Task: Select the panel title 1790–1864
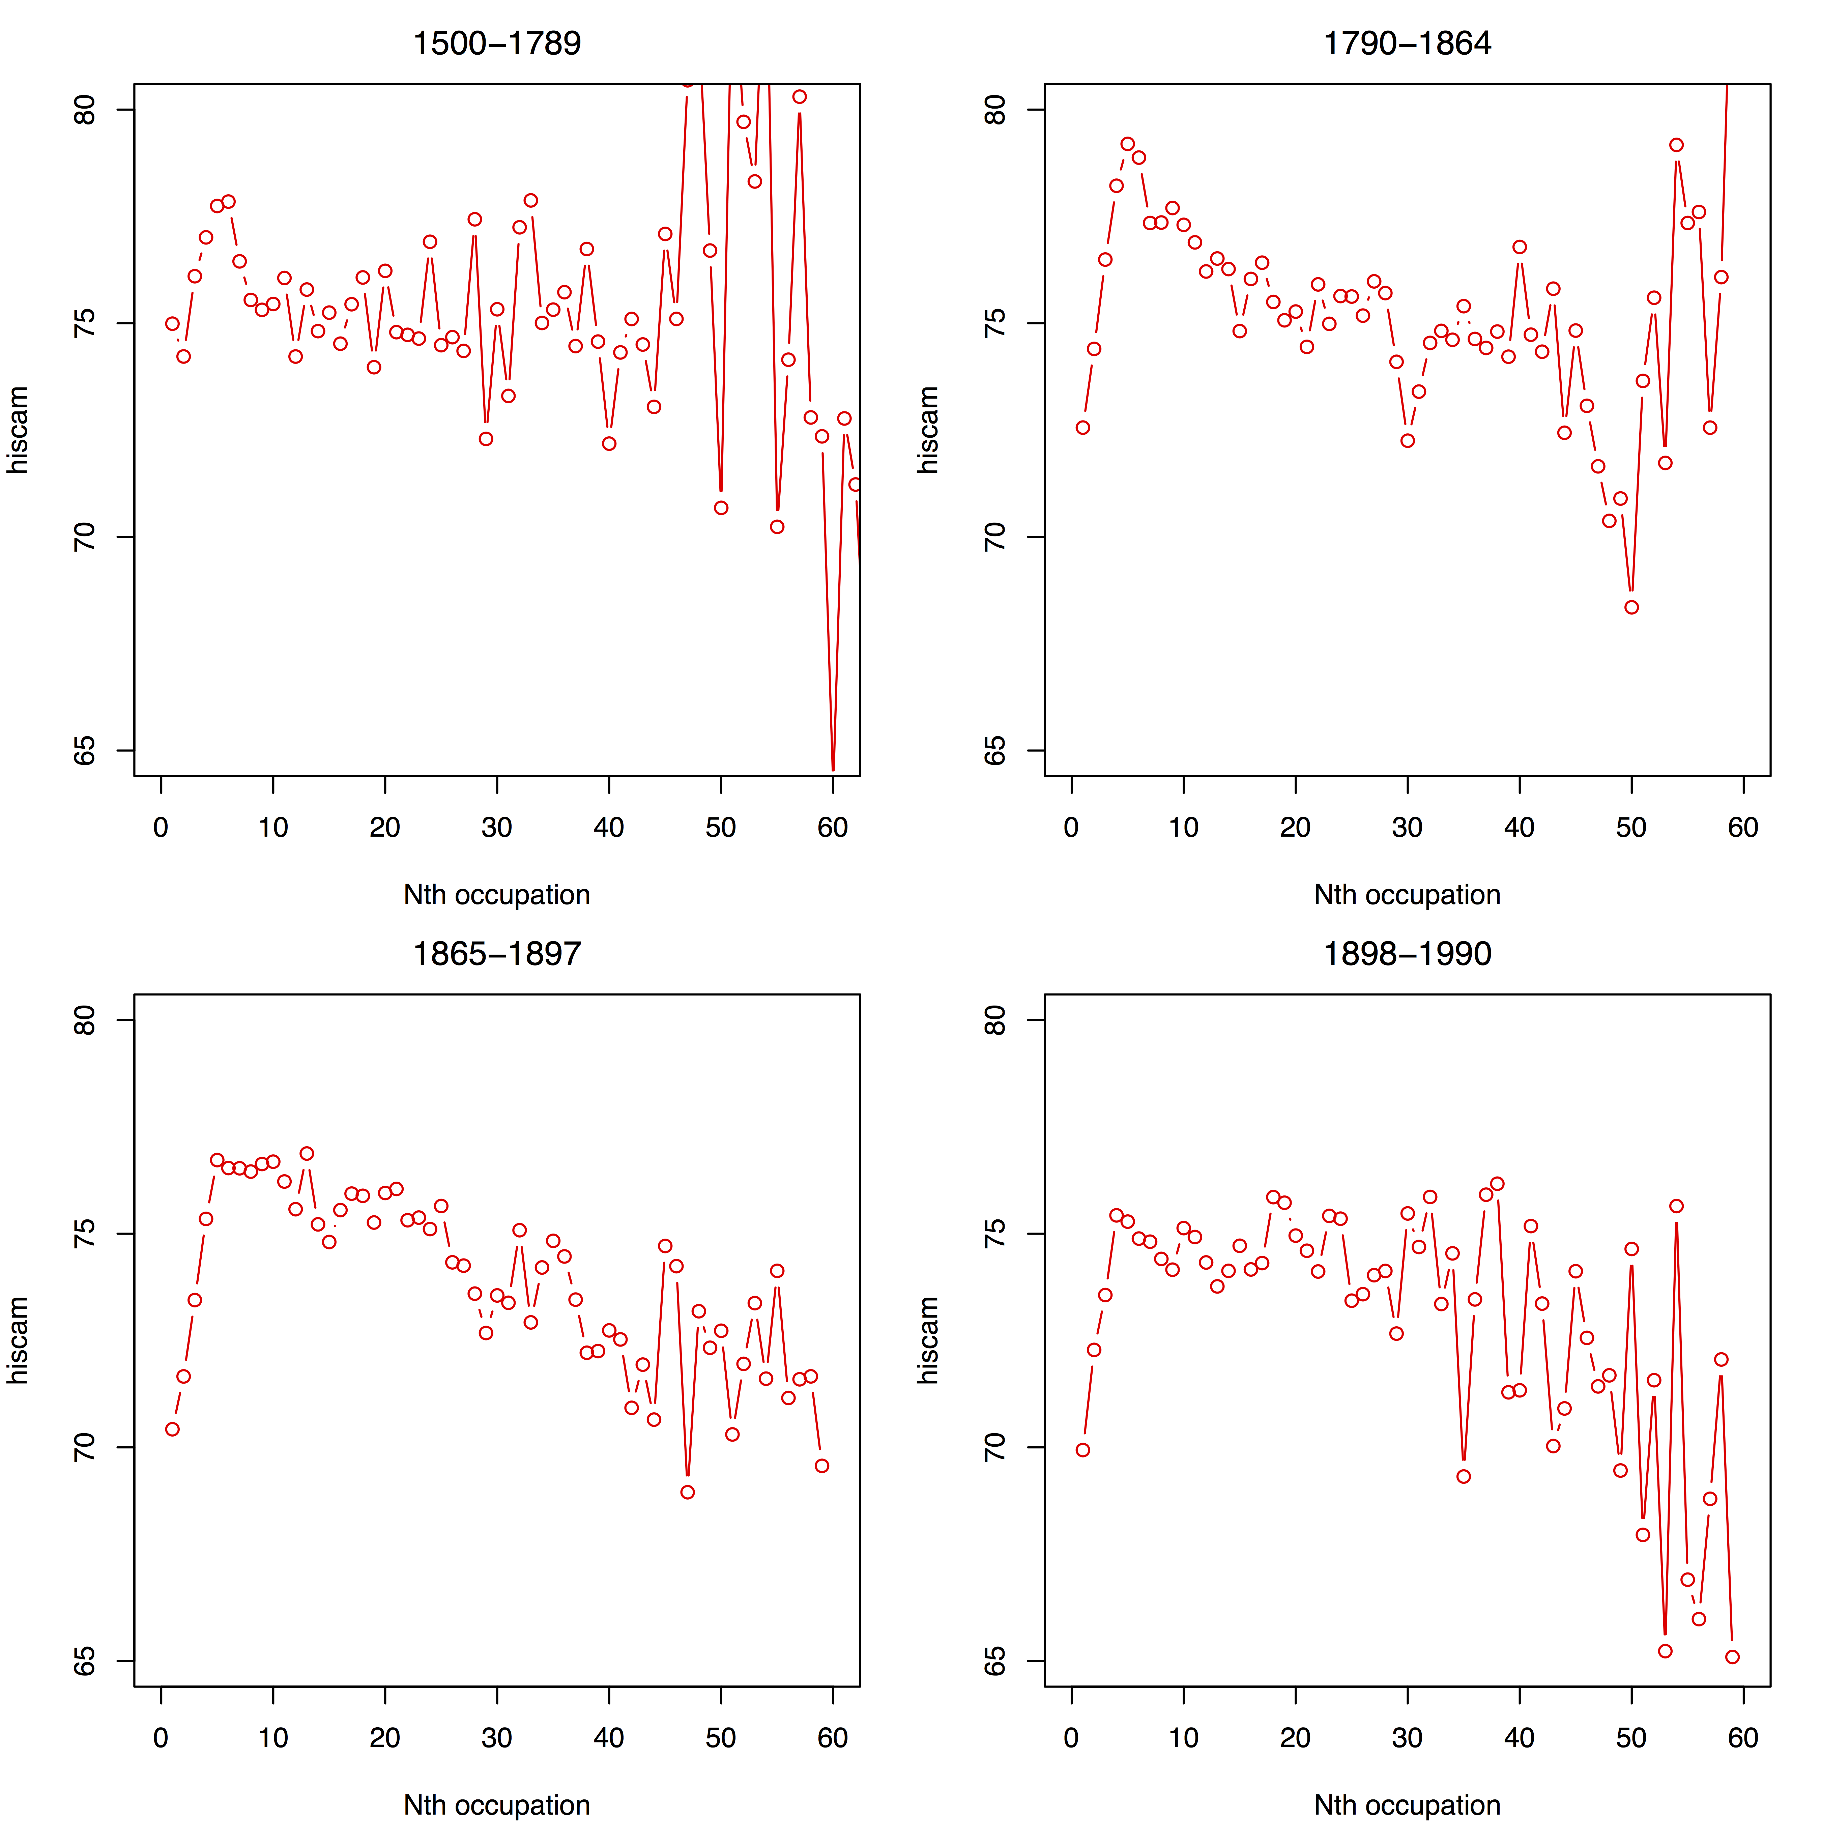coord(1407,44)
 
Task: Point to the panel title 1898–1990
coord(1407,954)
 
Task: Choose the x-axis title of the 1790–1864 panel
coord(1407,894)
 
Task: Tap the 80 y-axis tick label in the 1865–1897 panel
coord(85,1020)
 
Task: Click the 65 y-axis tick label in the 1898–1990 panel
coord(995,1661)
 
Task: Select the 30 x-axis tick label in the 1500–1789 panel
coord(497,828)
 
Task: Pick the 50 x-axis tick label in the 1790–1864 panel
coord(1631,828)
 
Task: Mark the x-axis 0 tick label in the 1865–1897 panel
coord(161,1738)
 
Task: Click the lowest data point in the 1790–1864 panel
coord(1631,607)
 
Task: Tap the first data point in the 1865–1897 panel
coord(172,1429)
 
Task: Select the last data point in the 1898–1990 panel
coord(1732,1657)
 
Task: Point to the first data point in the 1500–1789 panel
coord(172,323)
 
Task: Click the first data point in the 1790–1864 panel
coord(1083,428)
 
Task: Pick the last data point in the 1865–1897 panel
coord(822,1466)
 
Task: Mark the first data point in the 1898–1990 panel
coord(1083,1450)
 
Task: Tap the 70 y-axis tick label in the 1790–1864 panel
coord(995,537)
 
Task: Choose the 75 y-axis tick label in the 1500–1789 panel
coord(85,323)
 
